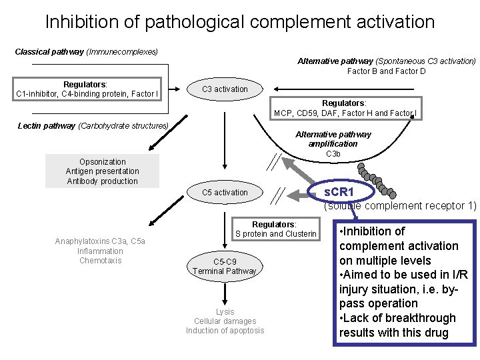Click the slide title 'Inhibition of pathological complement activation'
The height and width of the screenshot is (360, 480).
pyautogui.click(x=240, y=21)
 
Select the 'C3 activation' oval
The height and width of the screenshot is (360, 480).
pyautogui.click(x=225, y=89)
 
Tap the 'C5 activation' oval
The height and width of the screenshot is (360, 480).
pyautogui.click(x=225, y=193)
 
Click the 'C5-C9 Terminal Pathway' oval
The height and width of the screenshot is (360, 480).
pyautogui.click(x=225, y=266)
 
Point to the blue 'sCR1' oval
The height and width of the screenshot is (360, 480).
pyautogui.click(x=339, y=193)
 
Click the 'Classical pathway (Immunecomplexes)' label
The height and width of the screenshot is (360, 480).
pyautogui.click(x=86, y=51)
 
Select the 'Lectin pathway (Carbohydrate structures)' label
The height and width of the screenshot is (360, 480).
pyautogui.click(x=91, y=125)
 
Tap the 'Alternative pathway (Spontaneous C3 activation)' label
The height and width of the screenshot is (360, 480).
pyautogui.click(x=386, y=61)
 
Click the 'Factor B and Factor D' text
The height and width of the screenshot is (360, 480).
pyautogui.click(x=386, y=71)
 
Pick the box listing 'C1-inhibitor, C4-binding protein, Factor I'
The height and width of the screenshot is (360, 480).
pyautogui.click(x=86, y=89)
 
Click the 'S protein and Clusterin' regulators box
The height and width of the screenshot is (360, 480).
pyautogui.click(x=275, y=229)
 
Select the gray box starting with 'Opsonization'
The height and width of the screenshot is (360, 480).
pyautogui.click(x=102, y=171)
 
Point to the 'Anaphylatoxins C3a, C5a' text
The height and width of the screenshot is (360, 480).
pyautogui.click(x=100, y=241)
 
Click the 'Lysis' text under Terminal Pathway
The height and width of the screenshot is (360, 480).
pyautogui.click(x=225, y=311)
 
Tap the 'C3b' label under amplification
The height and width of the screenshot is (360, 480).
pyautogui.click(x=333, y=154)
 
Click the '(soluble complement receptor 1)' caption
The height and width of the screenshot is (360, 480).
pyautogui.click(x=400, y=206)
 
